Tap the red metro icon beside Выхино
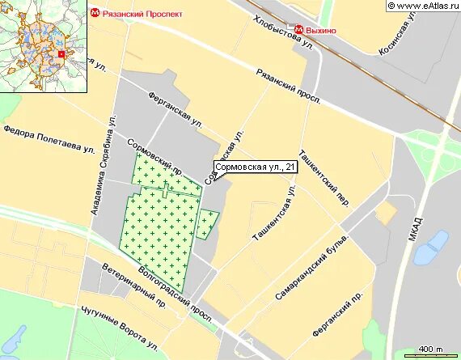298,30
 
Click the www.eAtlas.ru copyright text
423,6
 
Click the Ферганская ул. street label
175,109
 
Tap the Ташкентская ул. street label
276,214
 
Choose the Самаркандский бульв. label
312,267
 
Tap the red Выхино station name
320,30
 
